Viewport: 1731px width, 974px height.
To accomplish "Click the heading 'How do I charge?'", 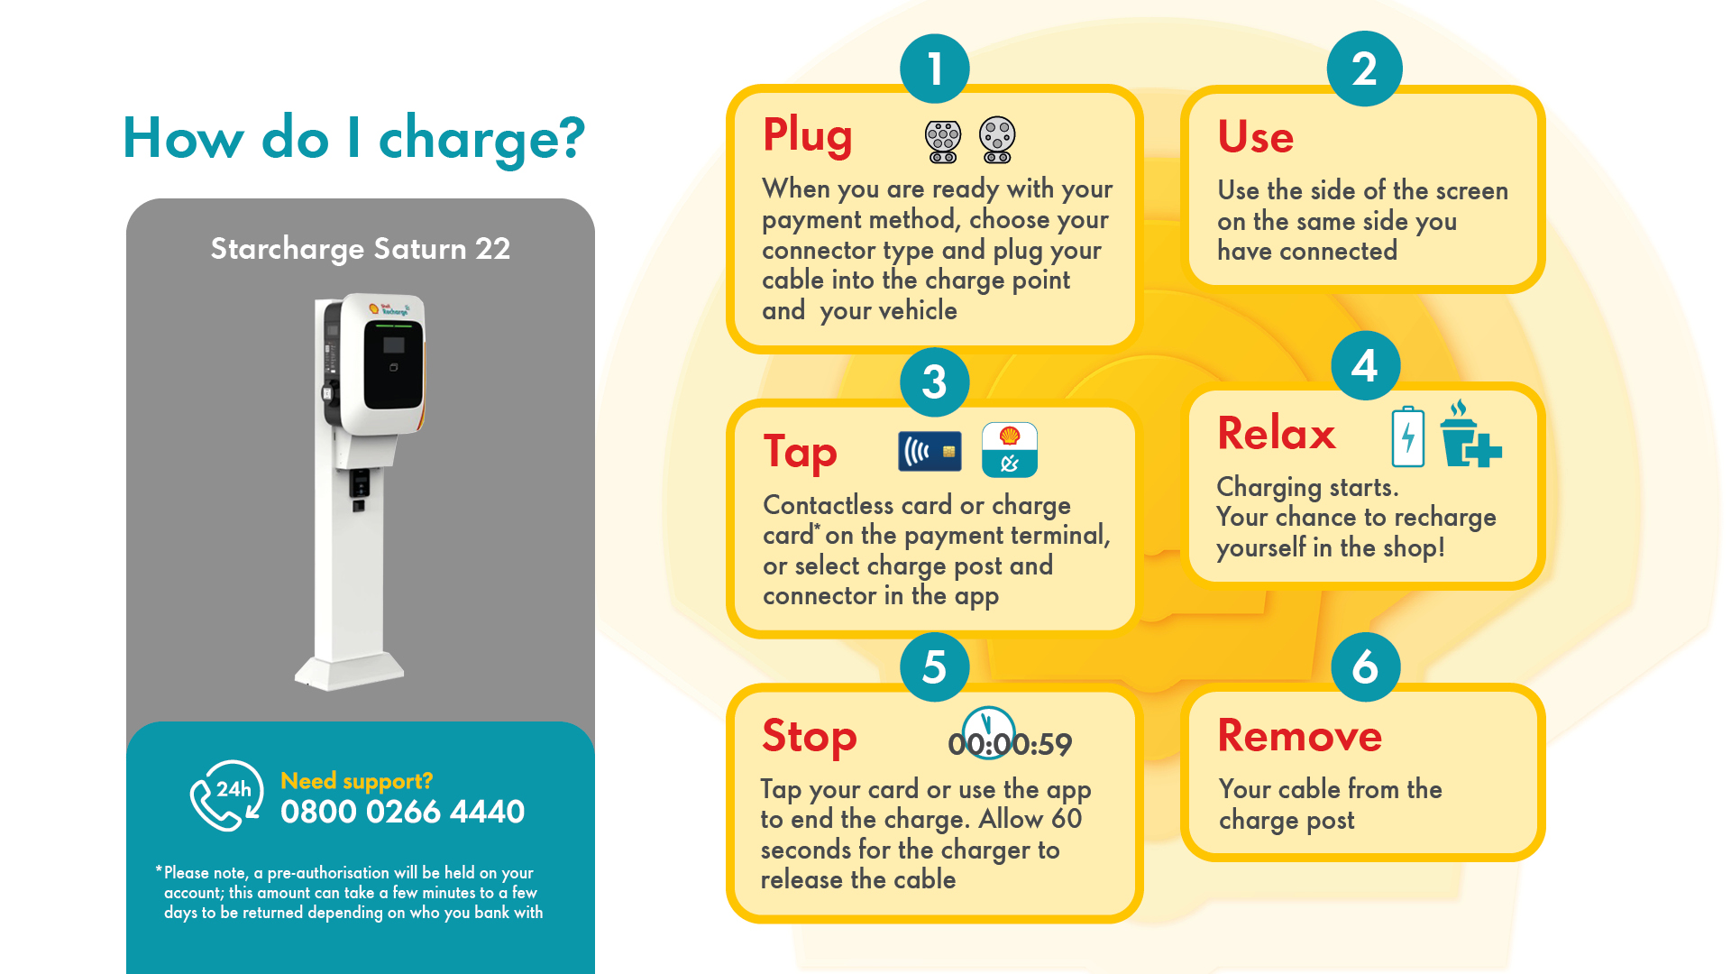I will [x=353, y=138].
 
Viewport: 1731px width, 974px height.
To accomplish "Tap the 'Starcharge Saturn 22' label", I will [x=360, y=248].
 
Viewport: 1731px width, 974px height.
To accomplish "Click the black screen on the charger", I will [x=393, y=363].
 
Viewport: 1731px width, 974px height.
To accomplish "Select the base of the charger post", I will [x=350, y=672].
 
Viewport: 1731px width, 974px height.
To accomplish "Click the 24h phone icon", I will [x=226, y=795].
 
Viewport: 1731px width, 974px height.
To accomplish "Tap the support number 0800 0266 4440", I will [x=402, y=812].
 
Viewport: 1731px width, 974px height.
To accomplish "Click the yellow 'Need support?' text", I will [x=356, y=780].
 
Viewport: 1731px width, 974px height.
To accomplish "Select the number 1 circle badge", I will [x=934, y=69].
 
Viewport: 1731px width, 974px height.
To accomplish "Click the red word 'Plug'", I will [x=807, y=135].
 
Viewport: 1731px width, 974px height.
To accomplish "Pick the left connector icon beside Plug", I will [x=943, y=142].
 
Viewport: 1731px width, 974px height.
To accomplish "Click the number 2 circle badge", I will [x=1364, y=69].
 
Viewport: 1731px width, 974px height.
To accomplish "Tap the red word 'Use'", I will [x=1255, y=137].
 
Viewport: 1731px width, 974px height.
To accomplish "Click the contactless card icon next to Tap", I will [x=930, y=451].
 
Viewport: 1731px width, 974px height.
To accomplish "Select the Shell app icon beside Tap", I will [x=1009, y=449].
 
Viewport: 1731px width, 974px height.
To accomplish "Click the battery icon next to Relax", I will [x=1407, y=436].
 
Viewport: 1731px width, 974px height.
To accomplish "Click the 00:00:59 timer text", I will [x=1010, y=743].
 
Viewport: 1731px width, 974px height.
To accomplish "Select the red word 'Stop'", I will [x=809, y=736].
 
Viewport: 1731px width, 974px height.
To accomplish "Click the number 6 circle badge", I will [x=1365, y=667].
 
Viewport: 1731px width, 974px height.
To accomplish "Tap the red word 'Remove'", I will [x=1299, y=736].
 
